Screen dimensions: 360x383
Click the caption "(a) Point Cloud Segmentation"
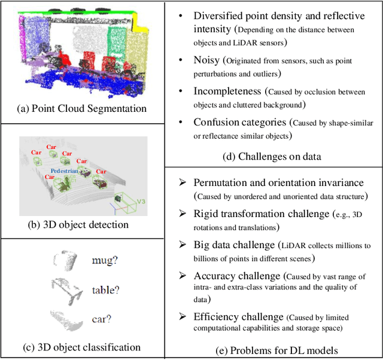point(81,108)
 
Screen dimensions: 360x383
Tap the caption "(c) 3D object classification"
point(81,347)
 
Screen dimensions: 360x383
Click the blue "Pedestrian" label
point(64,170)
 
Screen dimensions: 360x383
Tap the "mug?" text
point(105,261)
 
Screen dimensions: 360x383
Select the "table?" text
point(105,290)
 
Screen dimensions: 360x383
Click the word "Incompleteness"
point(228,91)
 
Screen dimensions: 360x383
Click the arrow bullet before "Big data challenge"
point(183,245)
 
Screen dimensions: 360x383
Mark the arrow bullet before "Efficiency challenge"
point(183,316)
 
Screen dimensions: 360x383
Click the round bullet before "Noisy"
point(180,60)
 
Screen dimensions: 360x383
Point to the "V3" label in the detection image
point(142,202)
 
